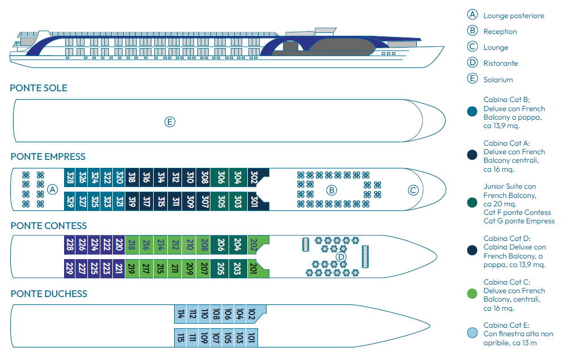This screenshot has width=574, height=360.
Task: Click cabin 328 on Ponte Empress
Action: [x=70, y=177]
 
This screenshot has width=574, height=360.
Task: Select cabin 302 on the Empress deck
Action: [x=254, y=177]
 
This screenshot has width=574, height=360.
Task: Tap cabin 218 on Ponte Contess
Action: [x=132, y=245]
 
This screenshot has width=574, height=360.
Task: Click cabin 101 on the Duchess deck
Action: [x=252, y=338]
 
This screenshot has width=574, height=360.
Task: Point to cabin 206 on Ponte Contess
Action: [x=221, y=245]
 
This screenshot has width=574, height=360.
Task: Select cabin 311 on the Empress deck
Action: [x=175, y=201]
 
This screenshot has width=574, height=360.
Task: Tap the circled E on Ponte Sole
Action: [x=170, y=121]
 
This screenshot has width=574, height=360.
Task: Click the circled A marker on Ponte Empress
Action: [x=53, y=189]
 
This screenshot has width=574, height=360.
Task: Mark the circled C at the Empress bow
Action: [x=413, y=190]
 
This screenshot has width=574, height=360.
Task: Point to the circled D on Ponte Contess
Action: [x=341, y=257]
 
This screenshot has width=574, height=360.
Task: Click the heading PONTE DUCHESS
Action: [x=49, y=294]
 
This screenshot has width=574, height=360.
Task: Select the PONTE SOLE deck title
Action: [x=39, y=88]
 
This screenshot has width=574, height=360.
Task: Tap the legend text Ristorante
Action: [x=501, y=63]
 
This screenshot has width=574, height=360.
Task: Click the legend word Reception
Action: [x=500, y=32]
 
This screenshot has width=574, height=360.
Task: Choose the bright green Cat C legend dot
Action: [x=472, y=293]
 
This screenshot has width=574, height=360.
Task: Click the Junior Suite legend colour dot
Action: [x=472, y=202]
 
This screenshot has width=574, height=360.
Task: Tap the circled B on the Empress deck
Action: [x=332, y=189]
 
